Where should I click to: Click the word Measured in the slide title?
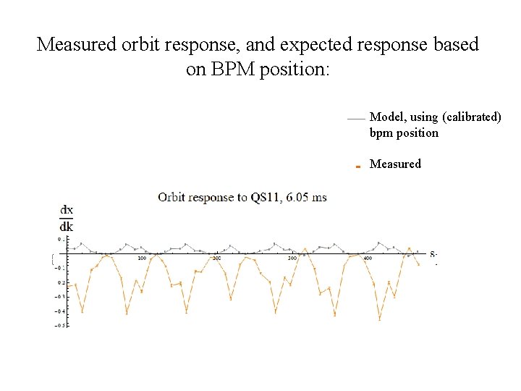click(76, 44)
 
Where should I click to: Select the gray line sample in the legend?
click(355, 118)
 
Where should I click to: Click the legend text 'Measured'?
click(395, 164)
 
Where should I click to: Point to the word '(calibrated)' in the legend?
click(471, 117)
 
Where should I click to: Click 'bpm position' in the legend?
click(404, 133)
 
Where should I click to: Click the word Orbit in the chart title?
click(174, 197)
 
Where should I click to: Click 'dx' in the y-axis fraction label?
click(66, 211)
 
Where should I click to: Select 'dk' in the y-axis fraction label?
click(66, 226)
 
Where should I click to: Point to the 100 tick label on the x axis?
click(142, 258)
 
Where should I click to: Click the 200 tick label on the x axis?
click(216, 258)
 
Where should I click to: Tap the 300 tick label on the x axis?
click(292, 258)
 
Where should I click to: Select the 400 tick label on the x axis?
click(367, 258)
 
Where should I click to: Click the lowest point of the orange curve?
click(379, 319)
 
